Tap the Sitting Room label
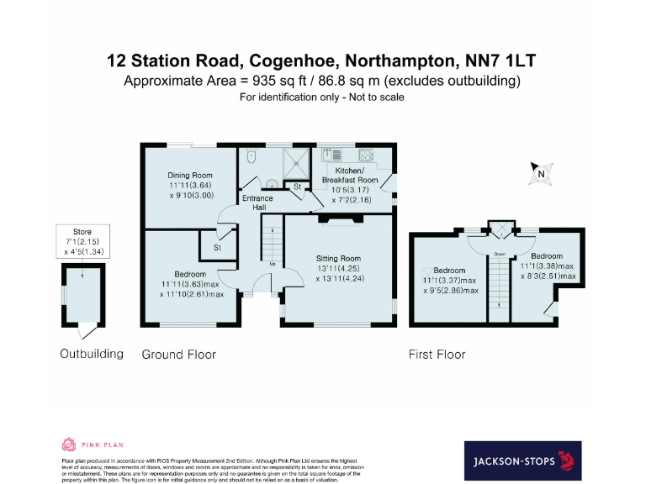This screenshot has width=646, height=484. pyautogui.click(x=338, y=258)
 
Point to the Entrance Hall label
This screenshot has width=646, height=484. pyautogui.click(x=254, y=203)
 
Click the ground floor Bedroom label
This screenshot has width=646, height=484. pyautogui.click(x=191, y=275)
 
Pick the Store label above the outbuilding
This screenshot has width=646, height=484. pyautogui.click(x=82, y=231)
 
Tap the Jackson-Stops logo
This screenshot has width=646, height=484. pyautogui.click(x=522, y=460)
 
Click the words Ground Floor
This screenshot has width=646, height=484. pyautogui.click(x=178, y=355)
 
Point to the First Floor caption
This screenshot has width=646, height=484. pyautogui.click(x=437, y=355)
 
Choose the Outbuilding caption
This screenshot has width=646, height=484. pyautogui.click(x=91, y=354)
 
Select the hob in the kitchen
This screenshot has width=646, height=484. pyautogui.click(x=367, y=155)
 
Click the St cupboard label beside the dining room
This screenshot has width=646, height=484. pyautogui.click(x=216, y=248)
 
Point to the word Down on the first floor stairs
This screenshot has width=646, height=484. pyautogui.click(x=499, y=253)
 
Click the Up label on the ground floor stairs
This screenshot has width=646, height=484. pyautogui.click(x=273, y=264)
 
